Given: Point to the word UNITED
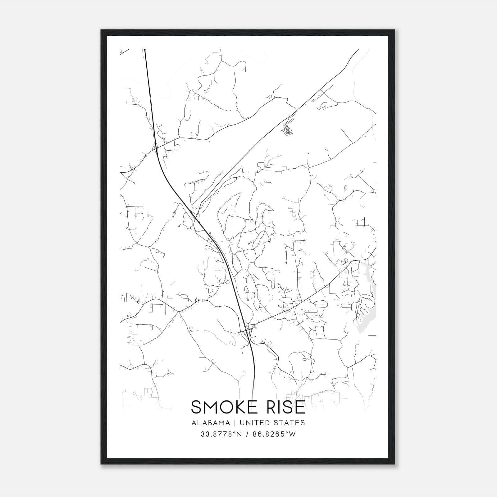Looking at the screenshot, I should [x=252, y=423].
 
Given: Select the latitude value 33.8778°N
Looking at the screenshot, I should [x=221, y=434].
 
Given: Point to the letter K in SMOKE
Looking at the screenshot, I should [x=240, y=407].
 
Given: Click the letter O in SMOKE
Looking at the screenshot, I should [x=226, y=407].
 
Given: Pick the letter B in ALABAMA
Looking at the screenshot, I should [x=210, y=423].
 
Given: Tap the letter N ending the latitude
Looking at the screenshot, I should [x=239, y=434].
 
